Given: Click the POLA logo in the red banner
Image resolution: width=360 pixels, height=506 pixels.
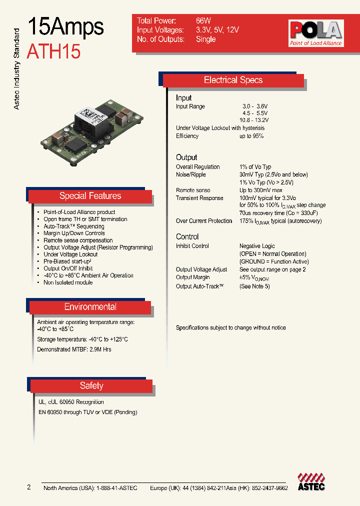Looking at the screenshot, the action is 315,33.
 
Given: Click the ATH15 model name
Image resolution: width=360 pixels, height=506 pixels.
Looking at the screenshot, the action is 53,51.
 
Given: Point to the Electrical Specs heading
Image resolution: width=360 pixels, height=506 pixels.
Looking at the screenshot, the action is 233,80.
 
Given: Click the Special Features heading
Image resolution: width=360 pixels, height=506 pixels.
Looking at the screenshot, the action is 90,196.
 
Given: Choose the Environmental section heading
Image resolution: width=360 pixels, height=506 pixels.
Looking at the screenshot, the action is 90,307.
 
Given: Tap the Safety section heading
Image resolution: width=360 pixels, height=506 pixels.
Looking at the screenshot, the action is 91,385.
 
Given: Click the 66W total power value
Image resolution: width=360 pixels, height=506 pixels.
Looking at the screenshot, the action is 203,21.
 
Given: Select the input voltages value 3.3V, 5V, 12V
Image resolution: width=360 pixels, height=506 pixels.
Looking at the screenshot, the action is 217,30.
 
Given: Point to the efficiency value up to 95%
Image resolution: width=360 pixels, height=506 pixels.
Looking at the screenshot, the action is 251,136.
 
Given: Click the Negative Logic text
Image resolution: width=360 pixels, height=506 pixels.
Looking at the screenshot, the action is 257,246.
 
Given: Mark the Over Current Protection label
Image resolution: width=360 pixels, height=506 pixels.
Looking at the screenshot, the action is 204,221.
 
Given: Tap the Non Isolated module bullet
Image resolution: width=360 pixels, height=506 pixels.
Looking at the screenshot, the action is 68,282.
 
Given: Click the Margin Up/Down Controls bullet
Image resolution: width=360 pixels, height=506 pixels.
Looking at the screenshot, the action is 74,233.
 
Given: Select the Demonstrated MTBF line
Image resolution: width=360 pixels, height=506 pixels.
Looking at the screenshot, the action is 74,349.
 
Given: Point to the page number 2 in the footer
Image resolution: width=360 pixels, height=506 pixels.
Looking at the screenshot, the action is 28,487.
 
